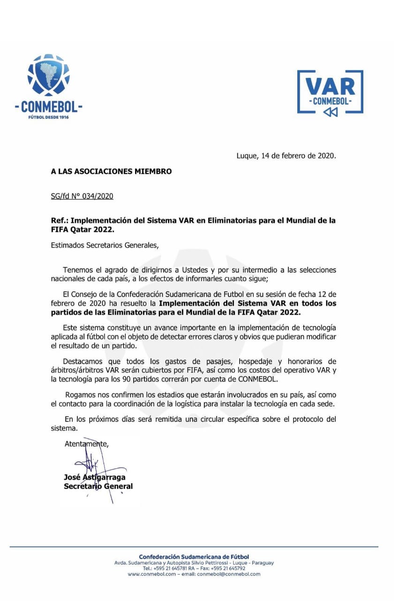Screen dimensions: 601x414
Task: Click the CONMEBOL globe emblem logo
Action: coord(48,76)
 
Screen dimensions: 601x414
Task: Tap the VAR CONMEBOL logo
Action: coord(330,92)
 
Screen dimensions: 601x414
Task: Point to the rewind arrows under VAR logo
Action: coord(330,111)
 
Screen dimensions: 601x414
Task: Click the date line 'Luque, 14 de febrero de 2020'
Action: coord(286,156)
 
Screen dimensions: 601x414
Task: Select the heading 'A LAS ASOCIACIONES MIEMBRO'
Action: coord(111,171)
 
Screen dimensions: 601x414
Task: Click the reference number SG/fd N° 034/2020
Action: coord(82,196)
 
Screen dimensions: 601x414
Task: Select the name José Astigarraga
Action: coord(95,477)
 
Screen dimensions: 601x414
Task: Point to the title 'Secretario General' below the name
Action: coord(98,486)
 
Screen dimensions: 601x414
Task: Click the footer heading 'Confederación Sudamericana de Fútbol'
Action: coord(194,557)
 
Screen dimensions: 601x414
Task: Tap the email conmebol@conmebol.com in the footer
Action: coord(228,574)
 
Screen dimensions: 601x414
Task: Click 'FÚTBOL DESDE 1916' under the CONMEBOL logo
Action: coord(48,117)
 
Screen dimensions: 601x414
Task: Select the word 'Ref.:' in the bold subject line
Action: coord(60,221)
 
